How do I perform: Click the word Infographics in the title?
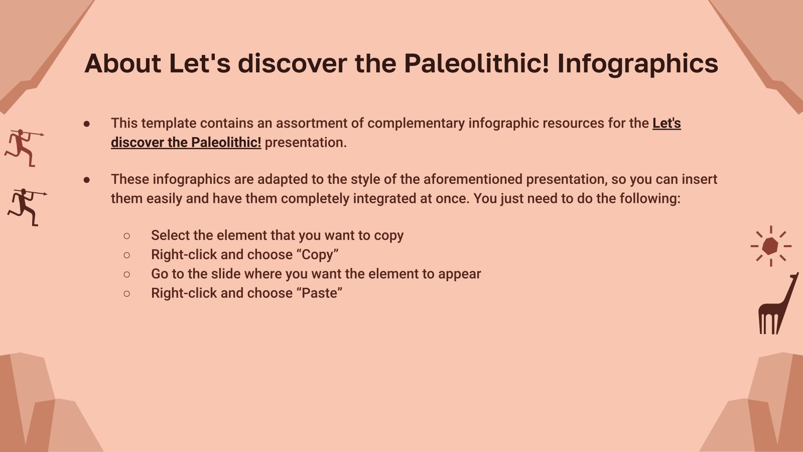[637, 64]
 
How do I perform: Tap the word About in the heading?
[123, 64]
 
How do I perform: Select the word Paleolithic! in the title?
[476, 64]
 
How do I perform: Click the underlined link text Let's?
[666, 124]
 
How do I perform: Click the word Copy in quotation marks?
[317, 255]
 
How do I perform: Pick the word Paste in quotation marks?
[321, 293]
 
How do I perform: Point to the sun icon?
[770, 246]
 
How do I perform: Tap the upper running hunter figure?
[22, 147]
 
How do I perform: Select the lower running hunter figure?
[25, 206]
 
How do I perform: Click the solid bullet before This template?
[87, 124]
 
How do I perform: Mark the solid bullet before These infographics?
[87, 180]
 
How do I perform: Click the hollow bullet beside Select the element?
[126, 236]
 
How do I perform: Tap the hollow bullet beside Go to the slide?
[126, 274]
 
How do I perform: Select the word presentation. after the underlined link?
[306, 143]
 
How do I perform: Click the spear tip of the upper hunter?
[42, 134]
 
